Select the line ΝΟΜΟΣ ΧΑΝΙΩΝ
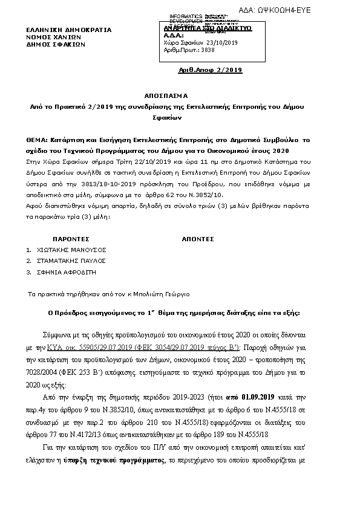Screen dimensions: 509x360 click(54, 36)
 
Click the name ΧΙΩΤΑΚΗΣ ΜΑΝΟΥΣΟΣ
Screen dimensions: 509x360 click(70, 249)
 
